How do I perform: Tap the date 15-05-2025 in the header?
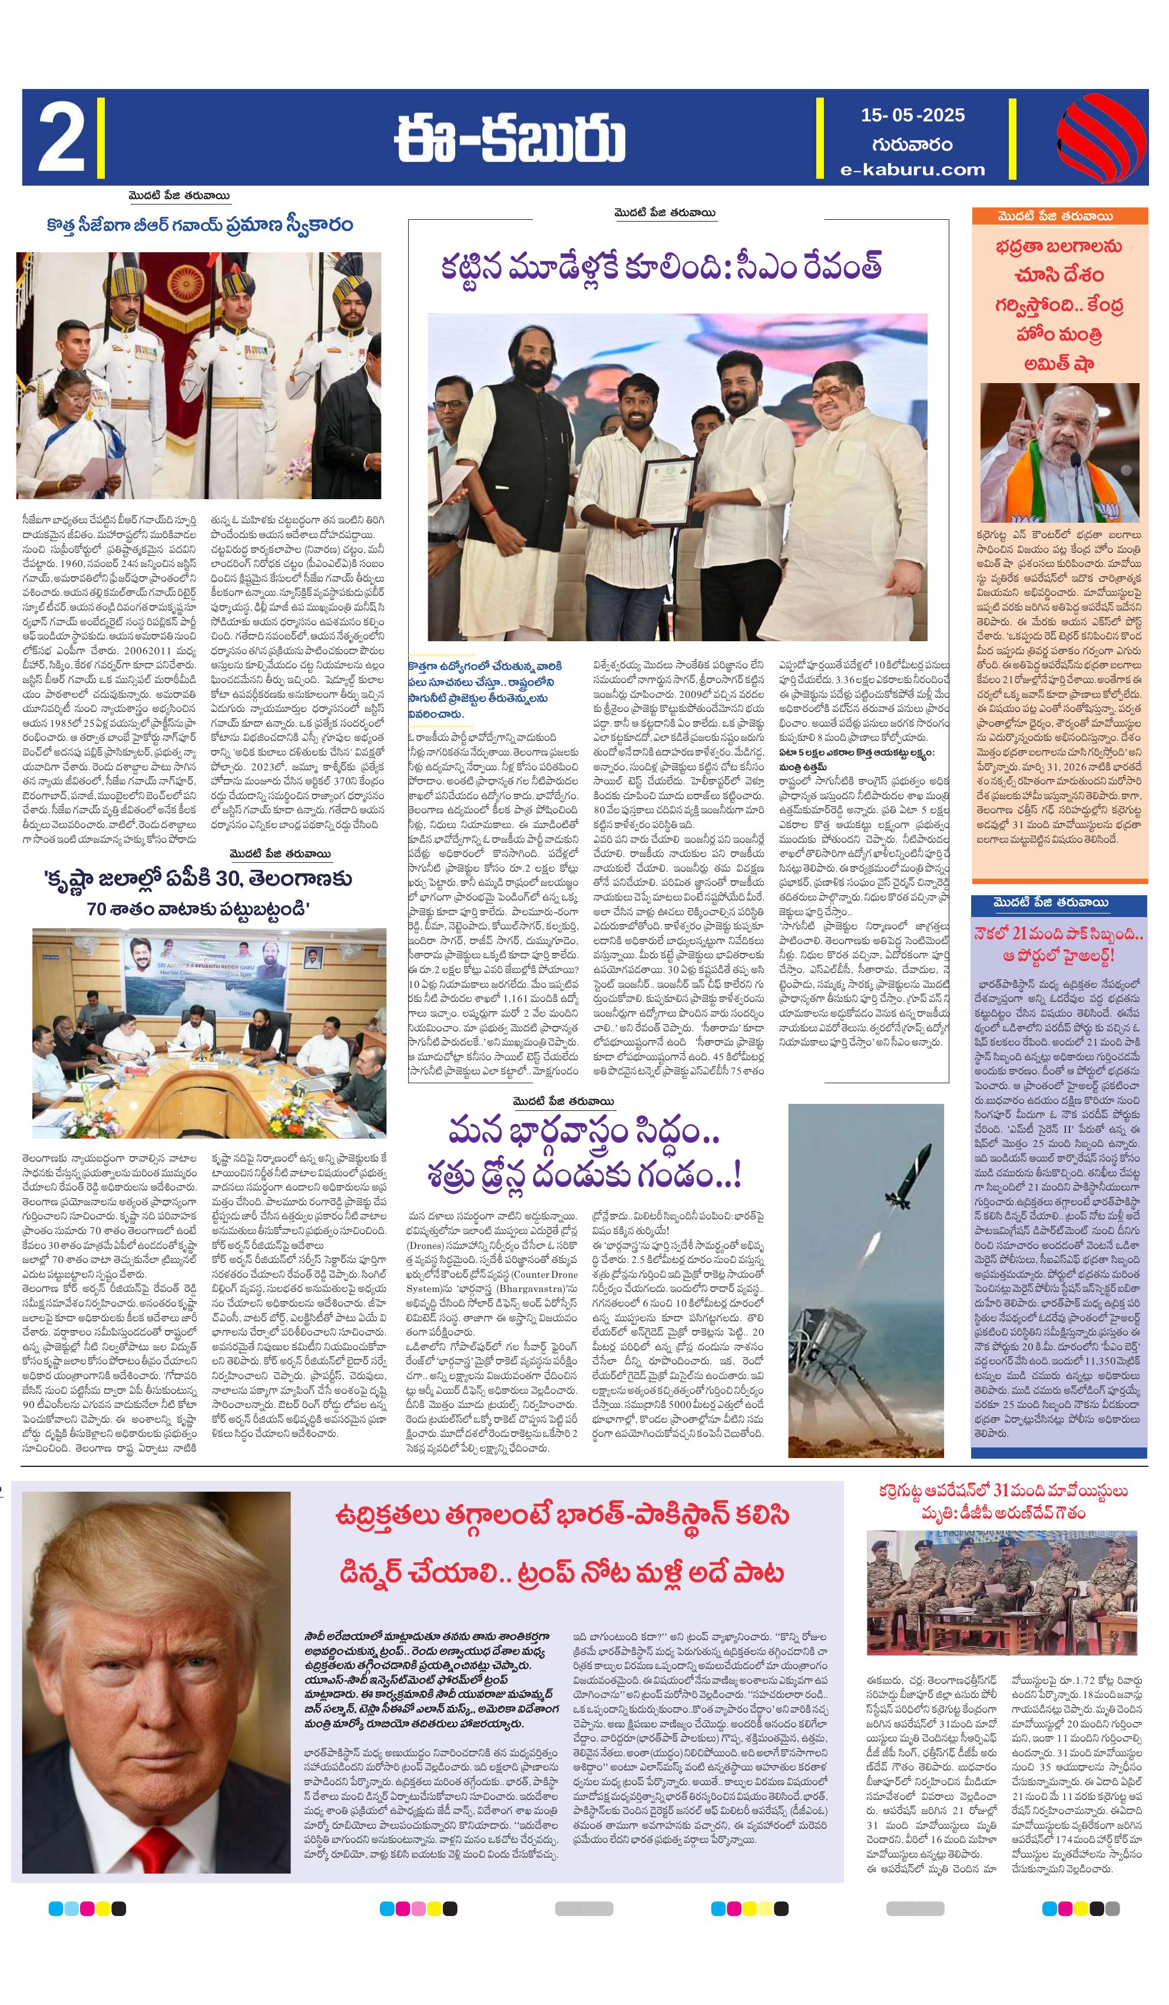click(912, 116)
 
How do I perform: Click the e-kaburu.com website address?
click(912, 170)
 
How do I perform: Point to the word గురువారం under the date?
click(912, 144)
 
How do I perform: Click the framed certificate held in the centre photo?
click(667, 491)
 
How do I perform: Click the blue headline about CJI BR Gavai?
click(200, 225)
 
